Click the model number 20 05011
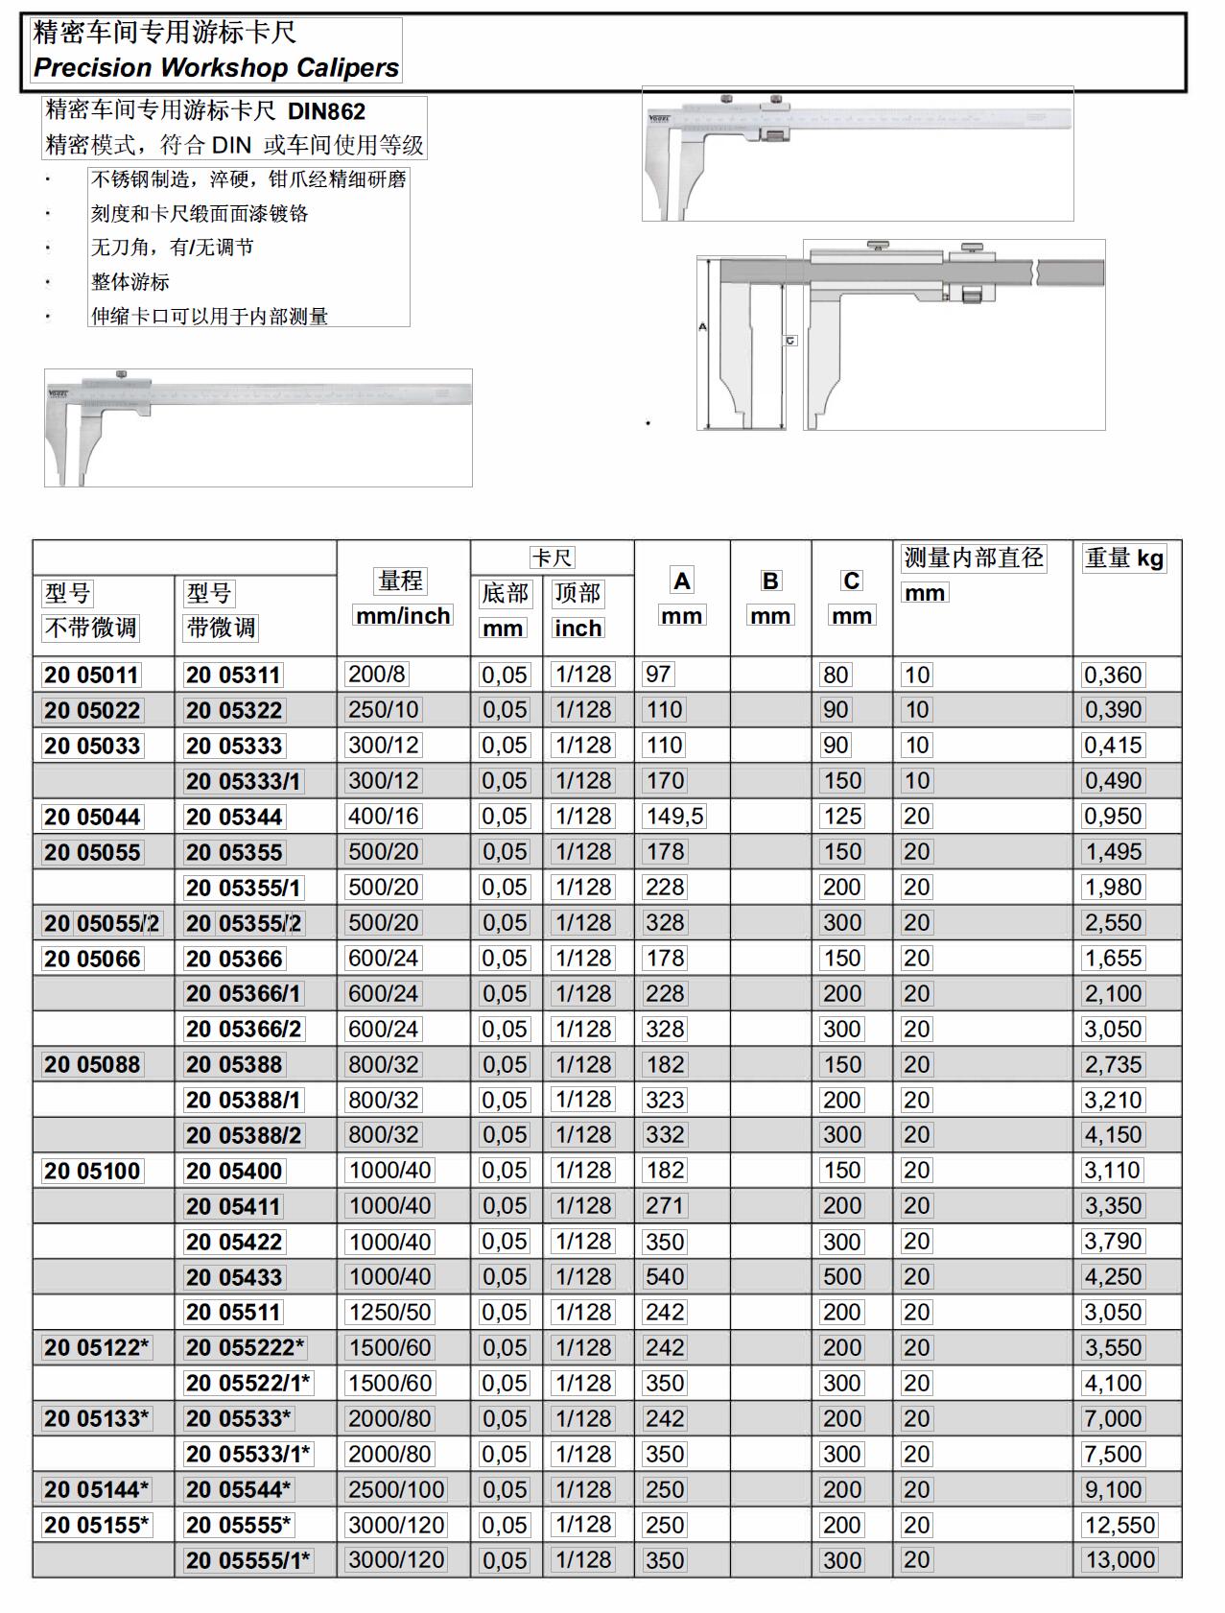point(91,675)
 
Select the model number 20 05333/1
point(244,781)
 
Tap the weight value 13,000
point(1119,1560)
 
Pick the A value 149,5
point(673,817)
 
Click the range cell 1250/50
point(389,1313)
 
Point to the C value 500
point(841,1277)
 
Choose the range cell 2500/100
point(396,1489)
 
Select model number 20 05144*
point(96,1489)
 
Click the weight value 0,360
point(1113,675)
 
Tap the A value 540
point(665,1277)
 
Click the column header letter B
point(770,581)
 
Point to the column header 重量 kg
point(1124,557)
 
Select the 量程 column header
point(401,581)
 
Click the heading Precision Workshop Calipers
point(216,68)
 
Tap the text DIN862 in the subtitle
point(326,111)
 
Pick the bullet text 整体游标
point(130,282)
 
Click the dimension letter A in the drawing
point(702,327)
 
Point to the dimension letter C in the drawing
point(790,341)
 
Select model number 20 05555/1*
point(248,1560)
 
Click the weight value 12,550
point(1119,1525)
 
